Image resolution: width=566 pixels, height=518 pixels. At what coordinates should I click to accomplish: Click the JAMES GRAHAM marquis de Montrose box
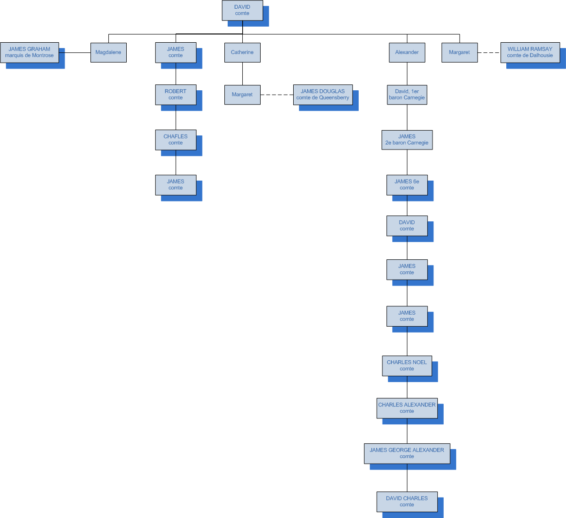point(30,52)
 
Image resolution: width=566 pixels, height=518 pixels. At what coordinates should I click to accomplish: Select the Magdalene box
point(108,52)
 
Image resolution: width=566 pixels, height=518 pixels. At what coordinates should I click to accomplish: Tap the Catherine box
point(242,52)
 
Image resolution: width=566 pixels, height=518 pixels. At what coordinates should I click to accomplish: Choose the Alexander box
point(407,52)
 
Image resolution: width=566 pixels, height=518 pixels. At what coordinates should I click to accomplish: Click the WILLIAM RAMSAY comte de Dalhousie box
point(530,52)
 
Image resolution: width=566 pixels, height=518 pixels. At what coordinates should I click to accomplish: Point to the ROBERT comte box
point(176,95)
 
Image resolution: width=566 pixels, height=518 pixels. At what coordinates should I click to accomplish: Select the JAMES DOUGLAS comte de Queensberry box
point(323,95)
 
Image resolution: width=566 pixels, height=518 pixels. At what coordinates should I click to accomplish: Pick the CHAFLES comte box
point(176,140)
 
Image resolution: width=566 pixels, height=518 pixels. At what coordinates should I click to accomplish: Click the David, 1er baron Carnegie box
point(407,95)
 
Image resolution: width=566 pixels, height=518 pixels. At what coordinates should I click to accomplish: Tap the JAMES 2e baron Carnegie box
point(407,140)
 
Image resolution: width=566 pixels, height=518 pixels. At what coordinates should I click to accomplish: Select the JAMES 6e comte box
point(407,185)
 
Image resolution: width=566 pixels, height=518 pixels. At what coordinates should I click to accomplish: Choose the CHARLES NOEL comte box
point(407,366)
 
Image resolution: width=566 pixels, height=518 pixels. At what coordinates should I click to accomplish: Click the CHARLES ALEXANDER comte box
point(407,408)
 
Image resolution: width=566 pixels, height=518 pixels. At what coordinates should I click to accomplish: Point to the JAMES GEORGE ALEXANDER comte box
point(407,453)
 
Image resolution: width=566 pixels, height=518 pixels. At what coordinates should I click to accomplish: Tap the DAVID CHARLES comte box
point(407,501)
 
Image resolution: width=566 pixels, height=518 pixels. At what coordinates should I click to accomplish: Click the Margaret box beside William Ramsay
point(459,52)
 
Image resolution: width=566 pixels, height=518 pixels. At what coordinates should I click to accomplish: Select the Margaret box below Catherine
point(242,95)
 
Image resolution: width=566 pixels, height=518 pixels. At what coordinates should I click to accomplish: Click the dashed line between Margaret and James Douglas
point(277,95)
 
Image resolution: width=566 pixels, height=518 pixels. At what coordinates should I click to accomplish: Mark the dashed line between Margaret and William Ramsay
point(489,52)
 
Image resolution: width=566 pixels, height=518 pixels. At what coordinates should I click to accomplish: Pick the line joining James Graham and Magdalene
point(75,52)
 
